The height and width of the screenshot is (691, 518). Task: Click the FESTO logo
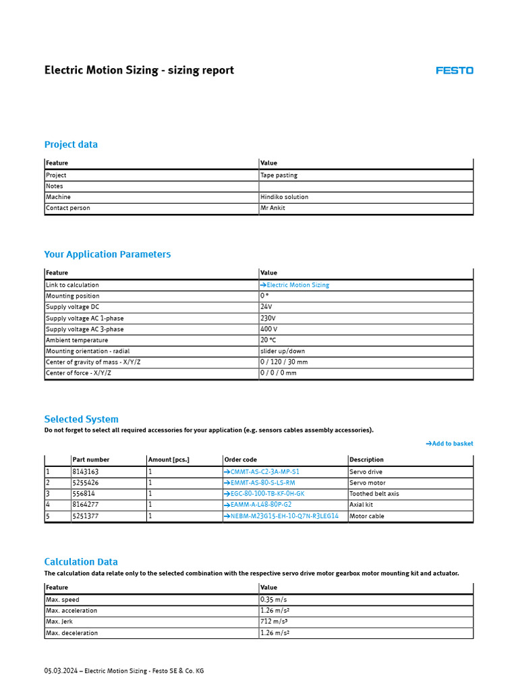(x=454, y=70)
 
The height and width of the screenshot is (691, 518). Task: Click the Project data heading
(x=71, y=144)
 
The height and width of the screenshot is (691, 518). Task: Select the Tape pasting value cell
(x=279, y=175)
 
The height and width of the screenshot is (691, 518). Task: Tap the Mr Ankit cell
(x=272, y=208)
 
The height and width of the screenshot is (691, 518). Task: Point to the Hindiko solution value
(x=284, y=197)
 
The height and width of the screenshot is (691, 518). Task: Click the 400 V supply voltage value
(x=268, y=329)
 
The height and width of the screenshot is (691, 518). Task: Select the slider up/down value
(x=283, y=351)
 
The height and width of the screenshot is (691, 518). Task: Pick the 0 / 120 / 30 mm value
(x=284, y=362)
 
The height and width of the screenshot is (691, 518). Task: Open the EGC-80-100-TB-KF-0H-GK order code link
(x=264, y=494)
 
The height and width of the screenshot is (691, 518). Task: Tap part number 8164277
(x=85, y=505)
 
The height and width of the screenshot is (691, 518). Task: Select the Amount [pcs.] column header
(x=169, y=460)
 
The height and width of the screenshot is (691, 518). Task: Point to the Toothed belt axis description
(x=374, y=494)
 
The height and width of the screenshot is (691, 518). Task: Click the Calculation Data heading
(x=81, y=561)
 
